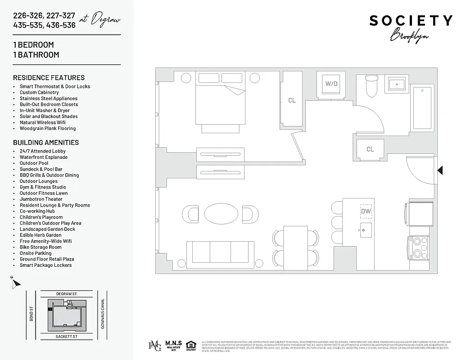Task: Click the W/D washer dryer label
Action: [331, 84]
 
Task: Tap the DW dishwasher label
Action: [366, 211]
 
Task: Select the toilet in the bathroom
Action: [371, 86]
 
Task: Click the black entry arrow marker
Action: [440, 170]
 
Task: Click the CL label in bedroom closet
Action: [292, 100]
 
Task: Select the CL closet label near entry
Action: [370, 149]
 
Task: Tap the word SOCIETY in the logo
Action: [411, 21]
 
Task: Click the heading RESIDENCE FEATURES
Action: [49, 77]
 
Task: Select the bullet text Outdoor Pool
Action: [34, 163]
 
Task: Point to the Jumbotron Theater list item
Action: [41, 199]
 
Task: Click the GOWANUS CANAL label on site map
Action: [103, 314]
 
